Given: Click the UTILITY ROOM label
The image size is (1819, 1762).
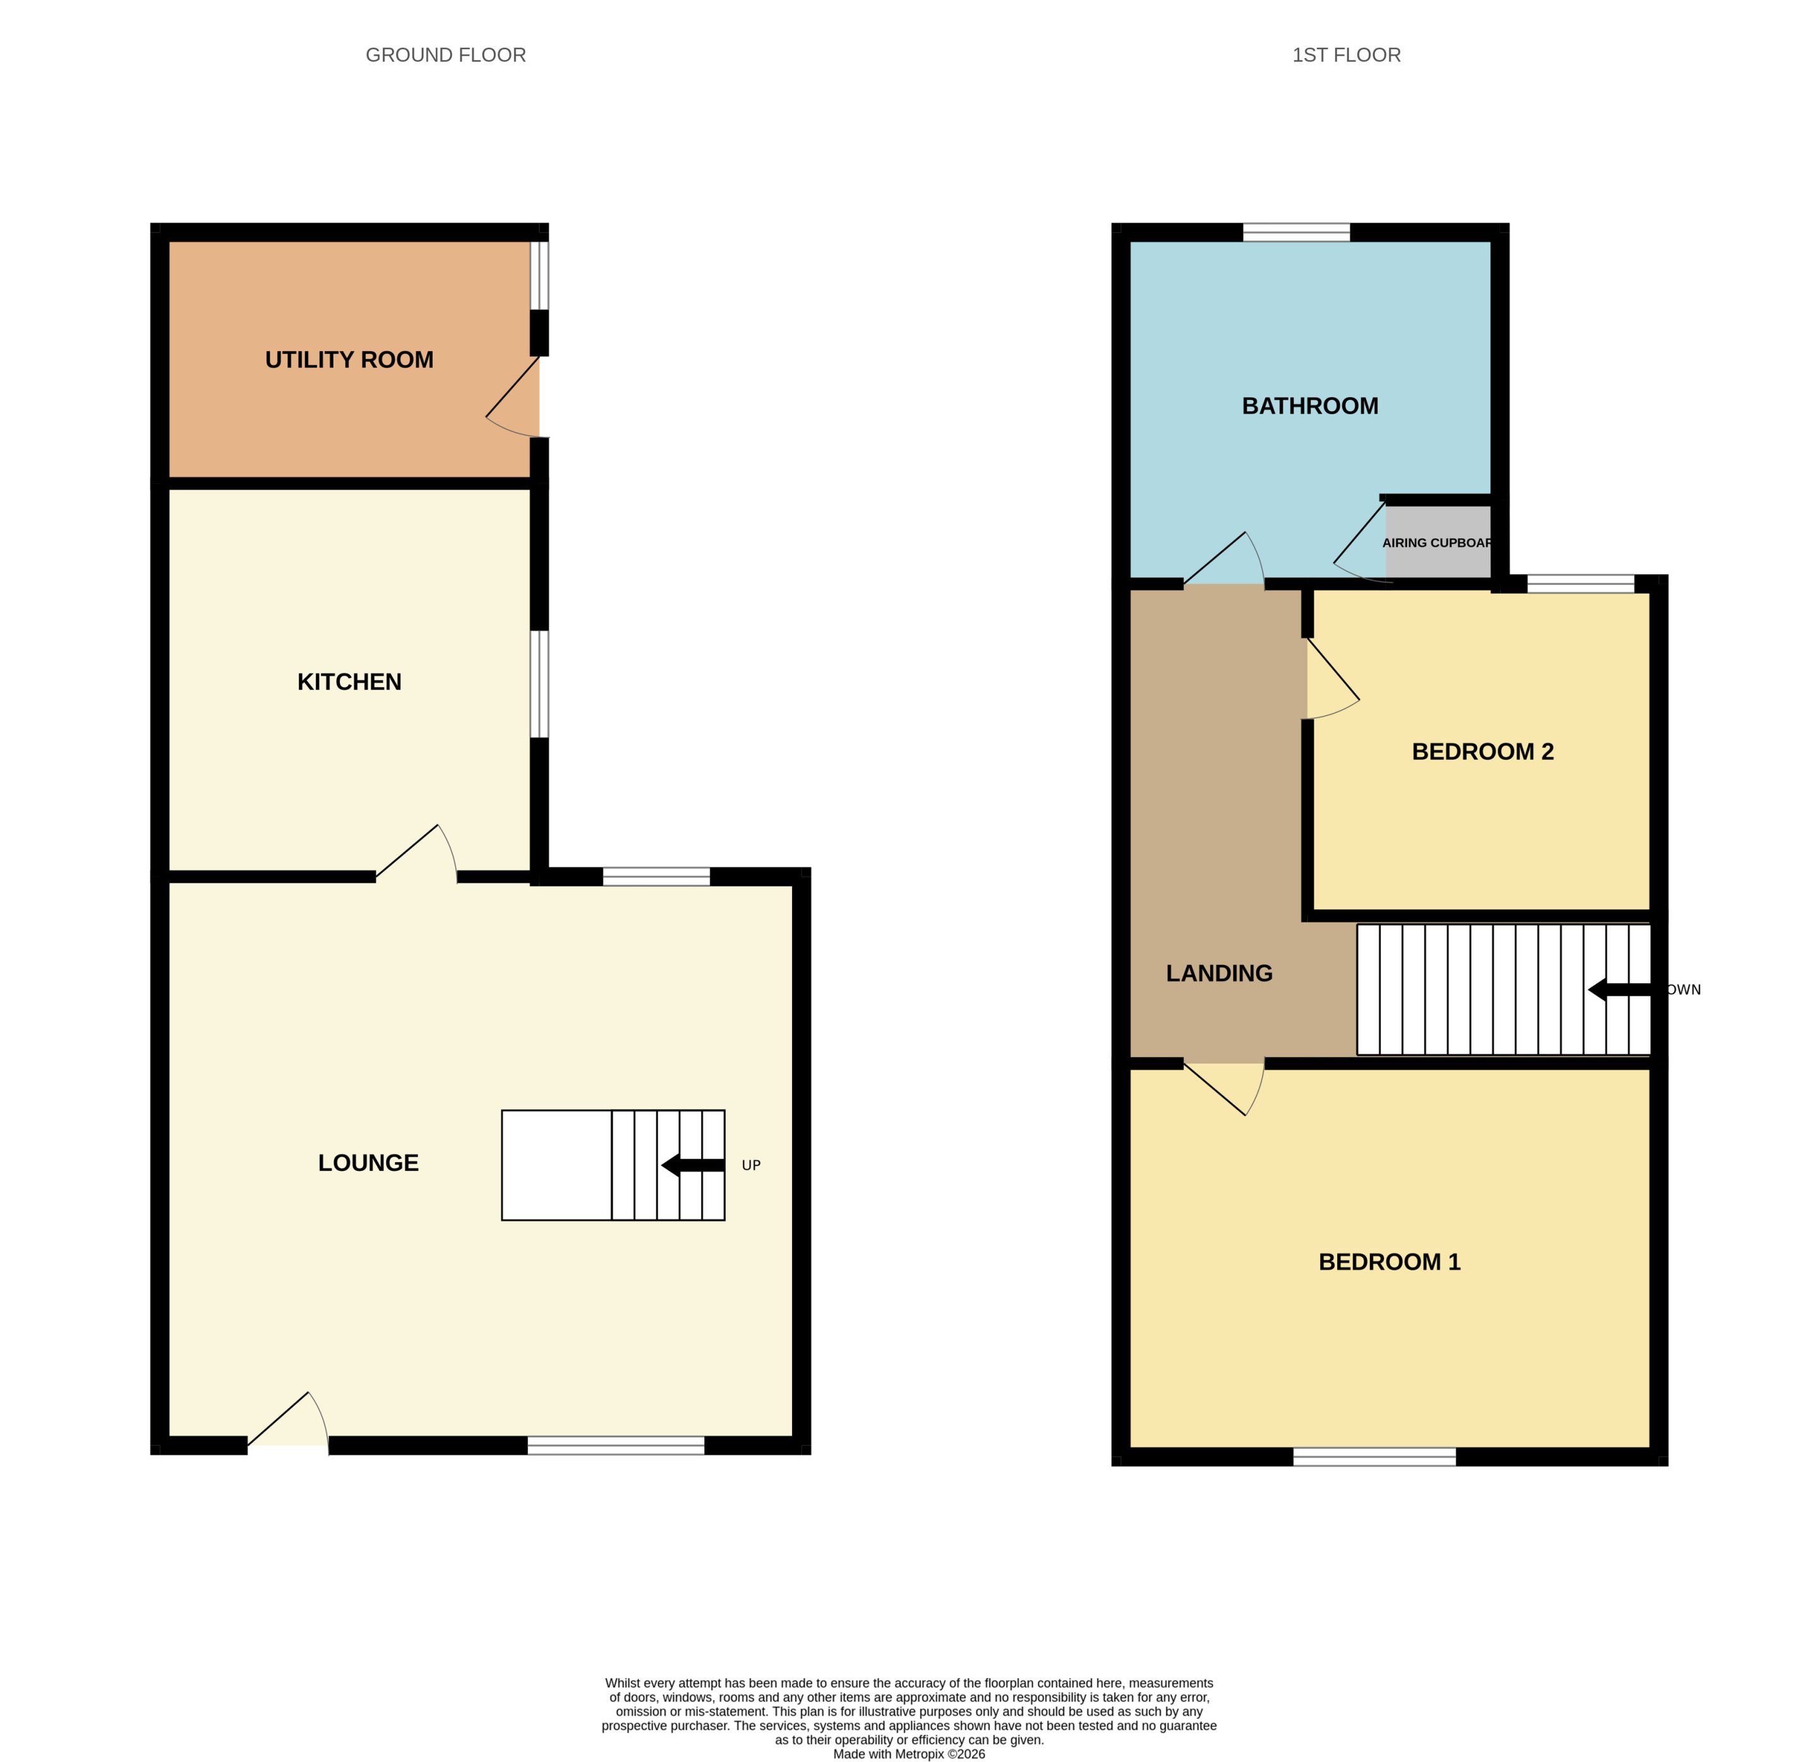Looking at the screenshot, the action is (x=349, y=360).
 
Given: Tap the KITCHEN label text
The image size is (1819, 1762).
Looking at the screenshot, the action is (x=349, y=682).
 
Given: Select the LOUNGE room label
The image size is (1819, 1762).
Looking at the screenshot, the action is (x=368, y=1163).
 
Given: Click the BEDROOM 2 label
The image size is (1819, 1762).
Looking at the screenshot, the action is (x=1482, y=752).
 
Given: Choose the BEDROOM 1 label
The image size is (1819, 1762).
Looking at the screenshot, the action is (x=1390, y=1262).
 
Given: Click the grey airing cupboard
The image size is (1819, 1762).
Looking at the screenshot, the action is (x=1438, y=542).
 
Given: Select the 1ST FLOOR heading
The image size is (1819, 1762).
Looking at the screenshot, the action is (x=1347, y=55).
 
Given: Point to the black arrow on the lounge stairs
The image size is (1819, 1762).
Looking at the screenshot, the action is (x=692, y=1165).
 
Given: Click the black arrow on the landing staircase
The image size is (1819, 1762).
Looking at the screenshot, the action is (x=1619, y=990).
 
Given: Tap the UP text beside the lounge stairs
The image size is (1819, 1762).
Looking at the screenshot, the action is (x=751, y=1165).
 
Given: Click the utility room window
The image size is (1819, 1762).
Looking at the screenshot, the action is (x=539, y=275).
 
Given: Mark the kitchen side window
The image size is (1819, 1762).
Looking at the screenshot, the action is (x=539, y=685).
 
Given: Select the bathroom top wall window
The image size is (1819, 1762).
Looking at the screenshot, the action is (x=1297, y=232).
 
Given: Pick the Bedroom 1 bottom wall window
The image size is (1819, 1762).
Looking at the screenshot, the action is (x=1374, y=1457).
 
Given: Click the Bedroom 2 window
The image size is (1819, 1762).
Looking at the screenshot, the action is (x=1580, y=584).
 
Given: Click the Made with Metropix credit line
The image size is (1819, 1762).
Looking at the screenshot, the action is (x=909, y=1754).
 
